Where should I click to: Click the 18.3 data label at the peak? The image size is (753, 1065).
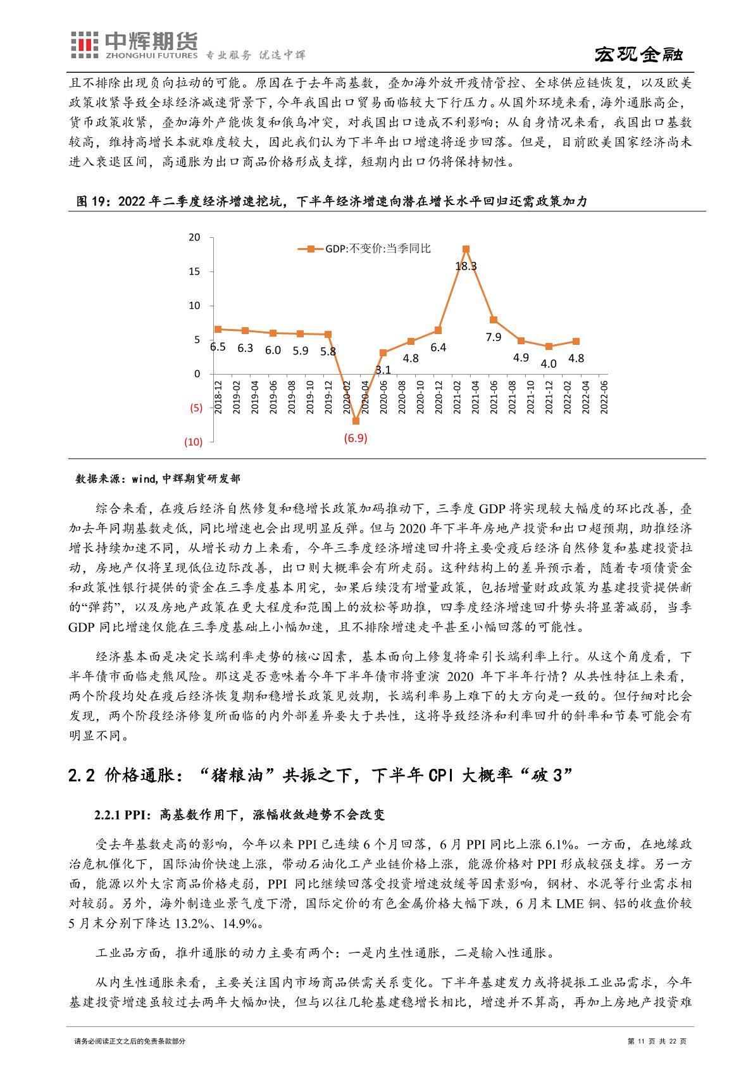[466, 266]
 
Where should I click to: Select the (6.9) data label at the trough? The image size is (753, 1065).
[356, 438]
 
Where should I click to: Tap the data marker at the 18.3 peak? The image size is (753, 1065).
[466, 249]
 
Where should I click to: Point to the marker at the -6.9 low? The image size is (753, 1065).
[356, 421]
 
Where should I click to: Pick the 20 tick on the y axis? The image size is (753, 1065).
[194, 237]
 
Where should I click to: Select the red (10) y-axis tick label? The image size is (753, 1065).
[193, 442]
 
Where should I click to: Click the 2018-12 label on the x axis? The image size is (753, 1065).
[218, 397]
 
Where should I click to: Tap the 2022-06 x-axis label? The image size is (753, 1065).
[604, 397]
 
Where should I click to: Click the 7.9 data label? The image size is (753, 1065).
[494, 337]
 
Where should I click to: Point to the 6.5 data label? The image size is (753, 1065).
[218, 347]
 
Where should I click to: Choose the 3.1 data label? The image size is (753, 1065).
[383, 370]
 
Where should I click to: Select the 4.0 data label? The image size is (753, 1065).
[549, 364]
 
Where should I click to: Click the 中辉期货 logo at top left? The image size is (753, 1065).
[133, 45]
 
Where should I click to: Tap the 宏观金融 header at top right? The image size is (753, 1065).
[638, 55]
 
